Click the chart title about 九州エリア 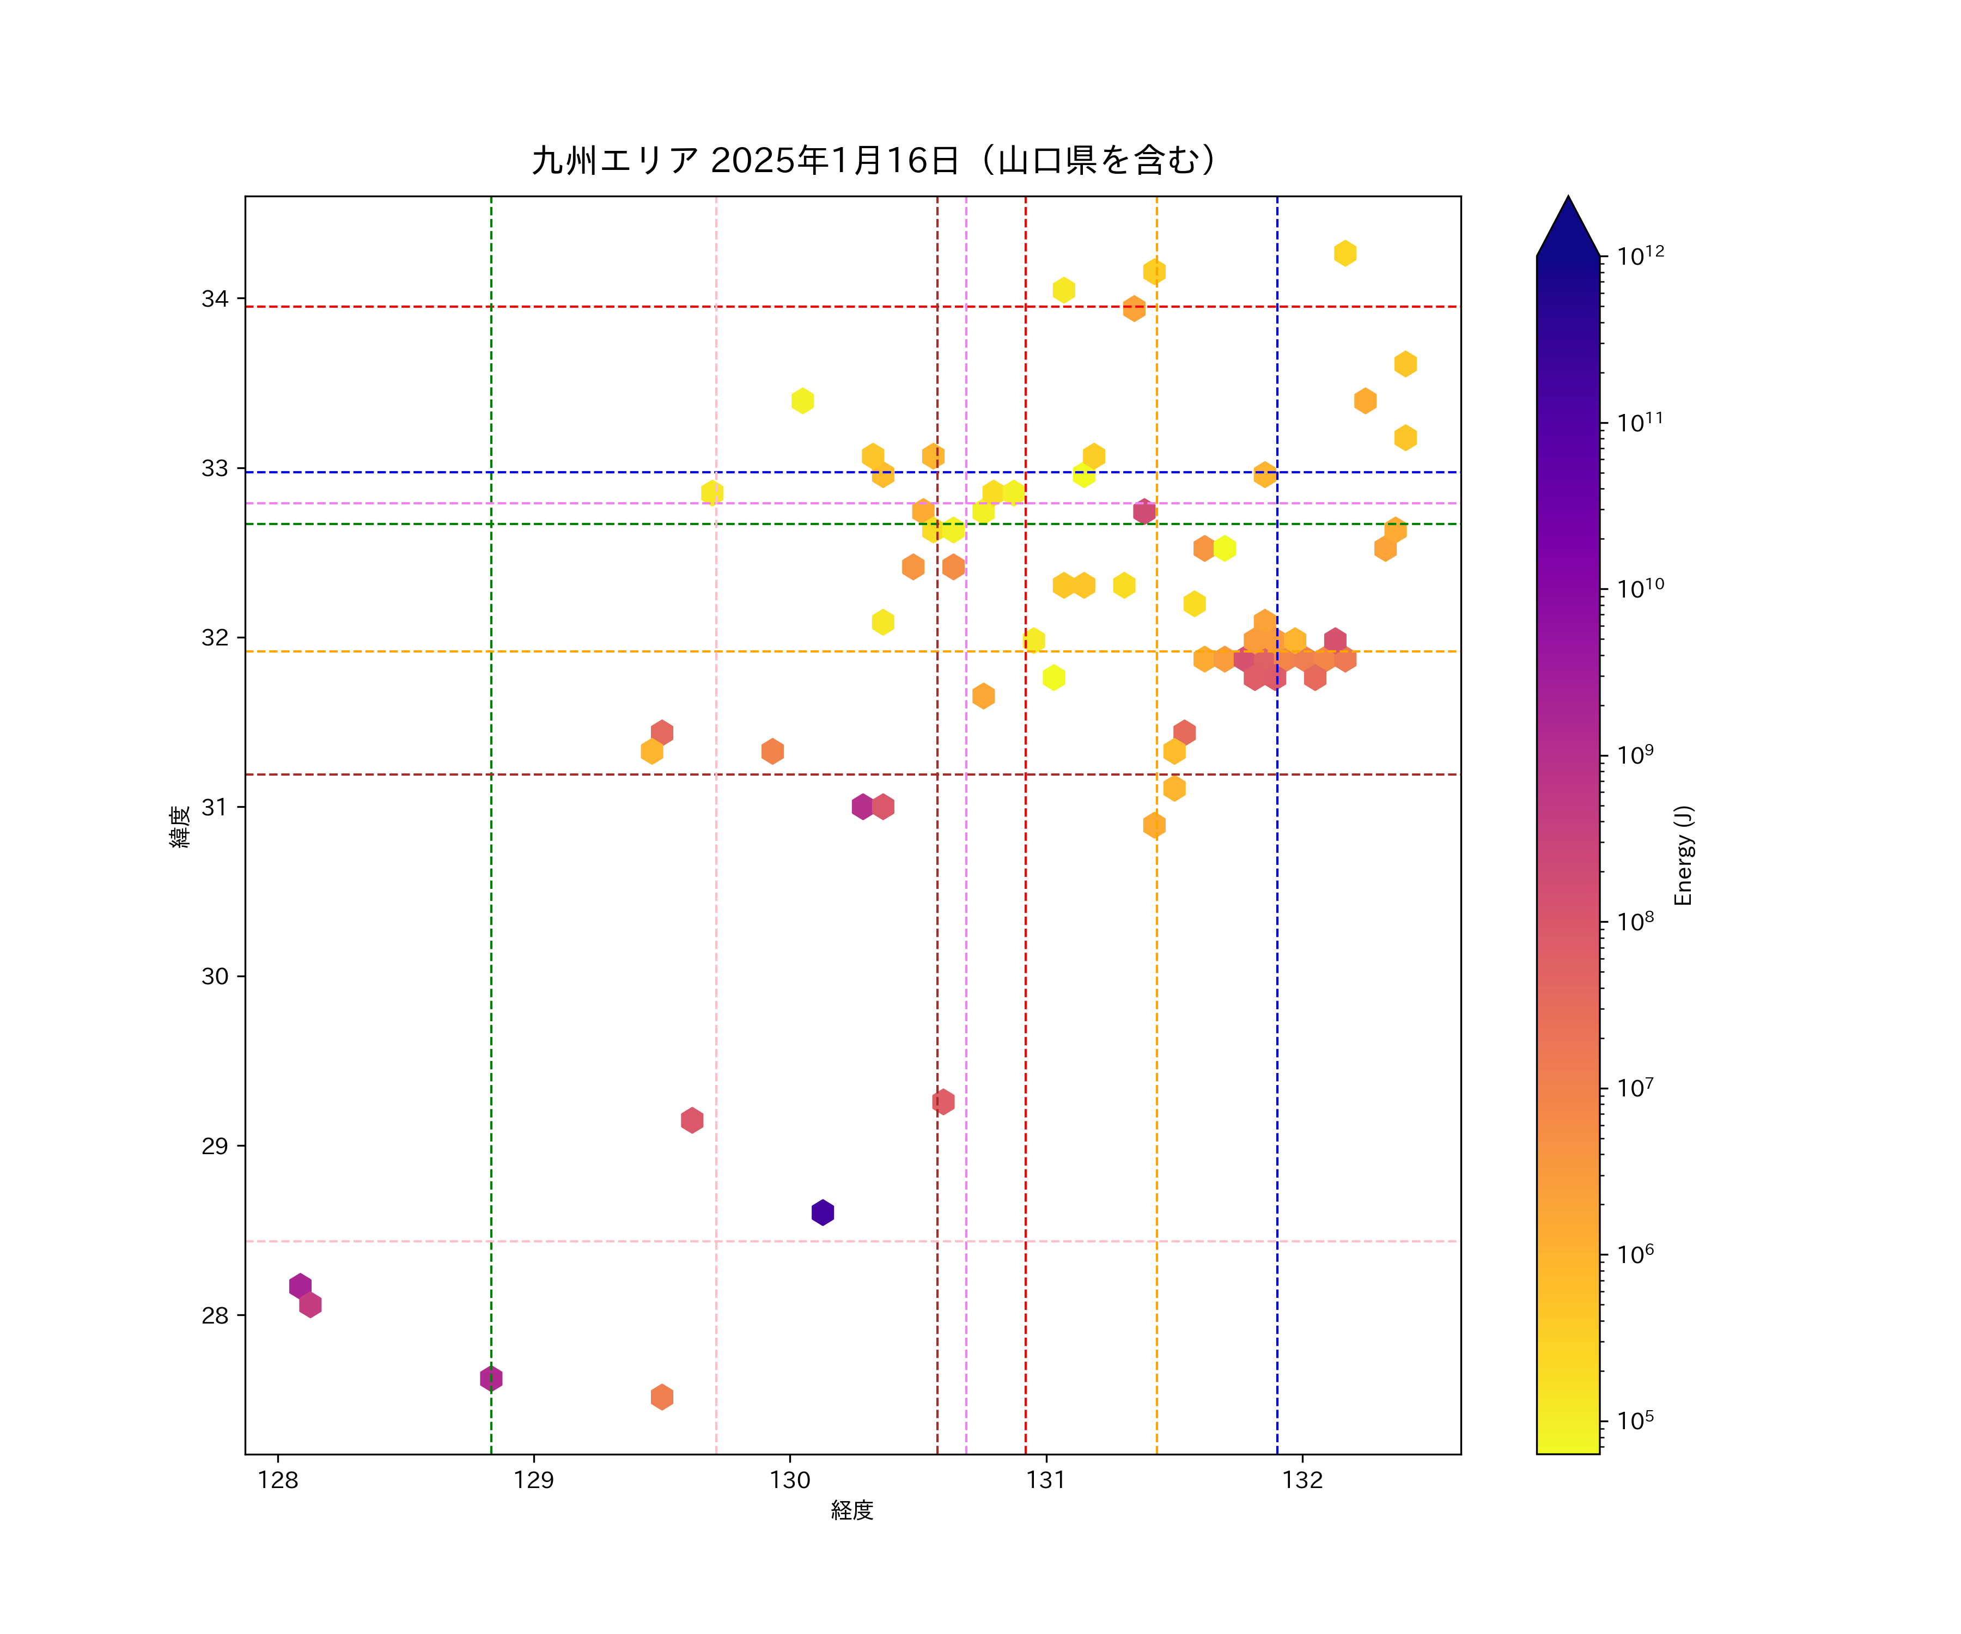point(875,161)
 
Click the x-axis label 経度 point(851,1510)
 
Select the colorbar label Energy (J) point(1683,855)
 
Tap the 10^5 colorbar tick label point(1635,1420)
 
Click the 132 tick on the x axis point(1302,1480)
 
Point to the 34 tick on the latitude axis point(215,299)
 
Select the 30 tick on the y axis point(215,975)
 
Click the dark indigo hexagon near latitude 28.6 point(823,1212)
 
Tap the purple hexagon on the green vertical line point(491,1378)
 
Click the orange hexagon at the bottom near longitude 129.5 point(662,1397)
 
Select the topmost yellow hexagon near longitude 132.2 point(1345,253)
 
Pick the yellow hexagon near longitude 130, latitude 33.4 point(802,400)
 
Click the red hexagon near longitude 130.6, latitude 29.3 point(943,1102)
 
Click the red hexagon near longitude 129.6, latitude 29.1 point(692,1119)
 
